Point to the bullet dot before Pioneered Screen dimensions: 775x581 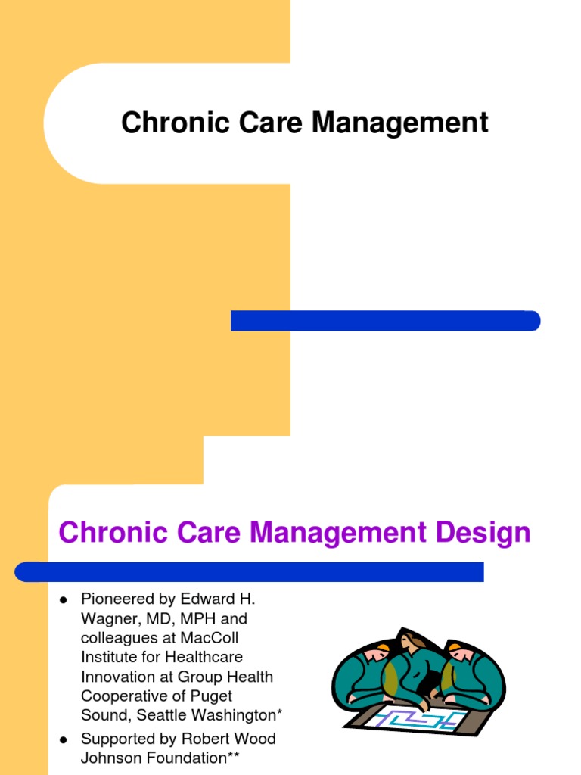pos(64,600)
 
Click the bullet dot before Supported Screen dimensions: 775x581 pos(64,739)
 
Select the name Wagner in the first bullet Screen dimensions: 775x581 pos(107,619)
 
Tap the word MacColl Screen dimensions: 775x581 pos(209,638)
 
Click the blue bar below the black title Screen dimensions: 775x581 pos(385,321)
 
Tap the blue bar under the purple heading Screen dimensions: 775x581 pos(250,571)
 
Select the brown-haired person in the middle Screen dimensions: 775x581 pos(414,658)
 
